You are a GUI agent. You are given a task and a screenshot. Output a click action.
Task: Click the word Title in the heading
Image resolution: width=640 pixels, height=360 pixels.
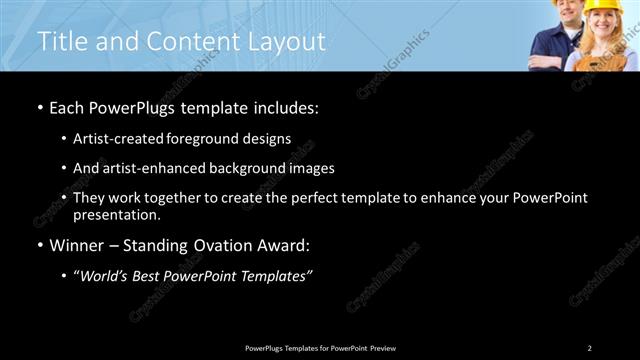click(x=61, y=41)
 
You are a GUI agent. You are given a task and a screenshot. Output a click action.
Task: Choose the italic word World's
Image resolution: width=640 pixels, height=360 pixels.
click(x=102, y=275)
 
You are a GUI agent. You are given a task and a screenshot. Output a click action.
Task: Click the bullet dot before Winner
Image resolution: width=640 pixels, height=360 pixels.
click(x=40, y=246)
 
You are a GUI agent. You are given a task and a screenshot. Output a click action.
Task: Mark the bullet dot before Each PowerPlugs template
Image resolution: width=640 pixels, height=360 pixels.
click(x=40, y=108)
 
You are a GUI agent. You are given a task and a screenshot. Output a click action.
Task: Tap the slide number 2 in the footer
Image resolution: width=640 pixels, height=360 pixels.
click(x=589, y=348)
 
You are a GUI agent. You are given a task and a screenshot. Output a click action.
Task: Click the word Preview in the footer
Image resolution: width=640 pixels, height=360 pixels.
click(x=382, y=348)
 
